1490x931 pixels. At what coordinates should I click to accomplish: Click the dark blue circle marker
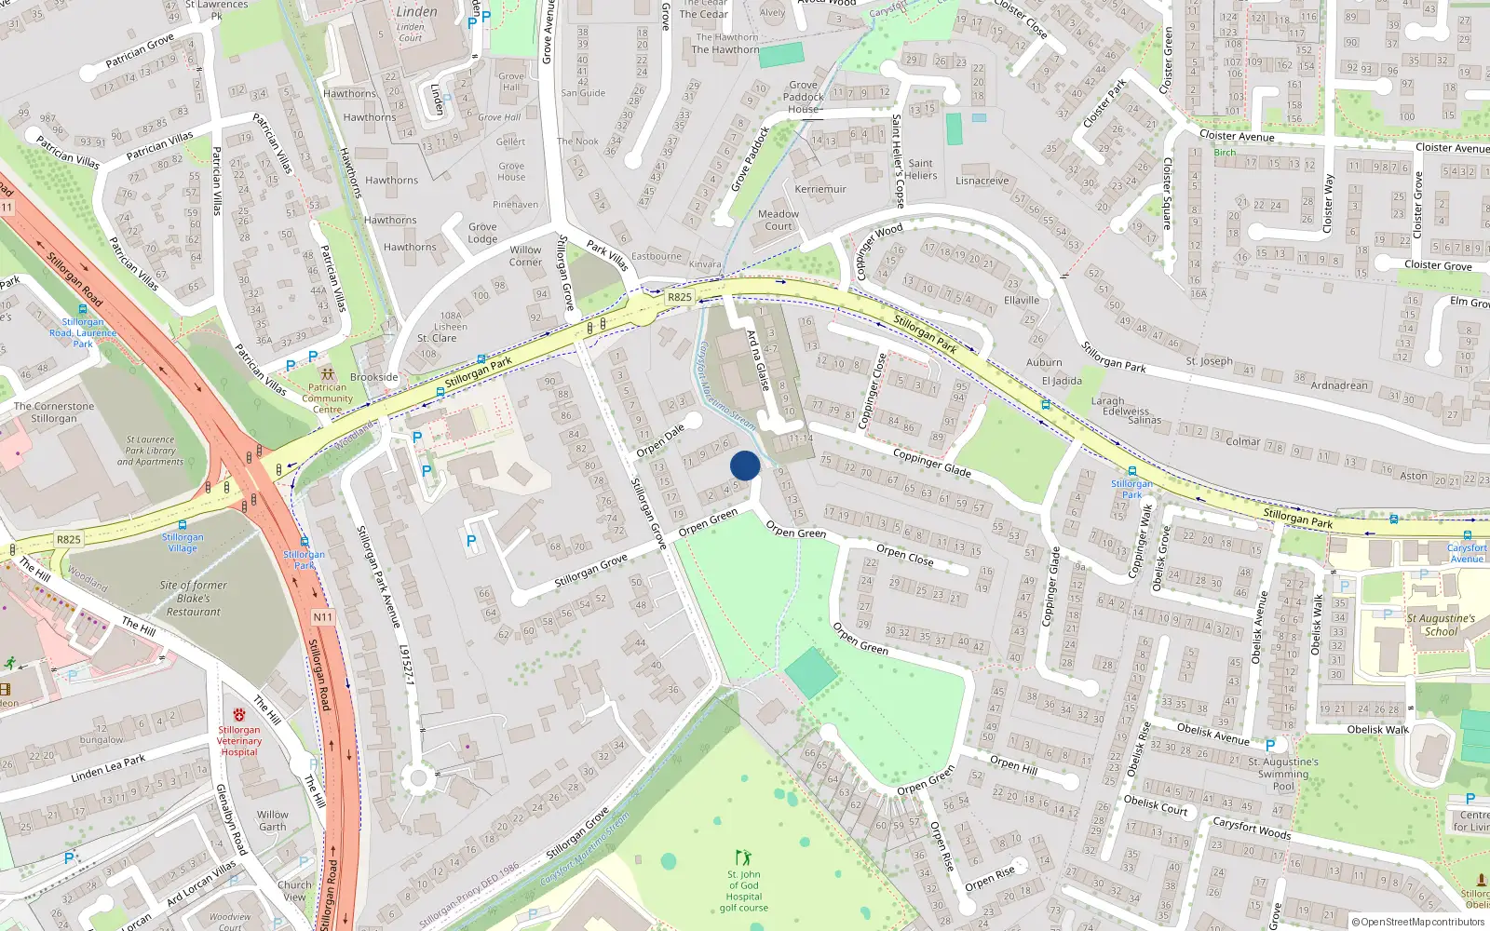(745, 465)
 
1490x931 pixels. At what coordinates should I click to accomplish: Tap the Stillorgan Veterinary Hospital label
(239, 741)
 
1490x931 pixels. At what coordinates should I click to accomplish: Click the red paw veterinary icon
(239, 715)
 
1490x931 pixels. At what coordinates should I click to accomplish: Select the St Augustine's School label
(1441, 625)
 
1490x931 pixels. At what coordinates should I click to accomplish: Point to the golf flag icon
(742, 857)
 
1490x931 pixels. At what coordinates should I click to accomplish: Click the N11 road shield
(322, 616)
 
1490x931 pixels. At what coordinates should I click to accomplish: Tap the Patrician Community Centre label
(327, 398)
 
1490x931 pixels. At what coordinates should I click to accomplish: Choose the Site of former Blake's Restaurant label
(194, 599)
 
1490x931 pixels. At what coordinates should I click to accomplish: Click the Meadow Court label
(779, 220)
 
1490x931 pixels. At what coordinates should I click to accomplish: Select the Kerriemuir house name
(820, 189)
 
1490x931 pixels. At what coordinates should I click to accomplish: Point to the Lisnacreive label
(982, 181)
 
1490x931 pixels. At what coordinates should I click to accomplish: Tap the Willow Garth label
(273, 820)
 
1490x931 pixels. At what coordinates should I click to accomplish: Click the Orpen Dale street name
(660, 440)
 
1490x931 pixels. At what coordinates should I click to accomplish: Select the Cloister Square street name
(1168, 194)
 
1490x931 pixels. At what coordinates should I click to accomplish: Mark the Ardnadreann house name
(1339, 385)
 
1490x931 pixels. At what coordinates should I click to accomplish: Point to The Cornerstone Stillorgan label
(54, 412)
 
